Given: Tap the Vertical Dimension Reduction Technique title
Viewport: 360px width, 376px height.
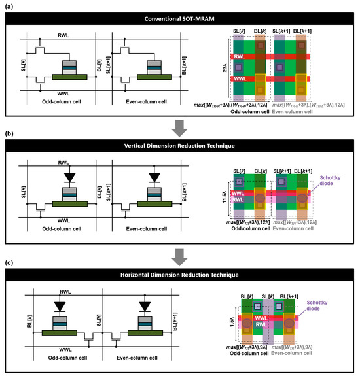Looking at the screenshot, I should tap(179, 147).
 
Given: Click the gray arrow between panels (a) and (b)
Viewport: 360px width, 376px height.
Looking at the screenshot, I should tap(179, 124).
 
